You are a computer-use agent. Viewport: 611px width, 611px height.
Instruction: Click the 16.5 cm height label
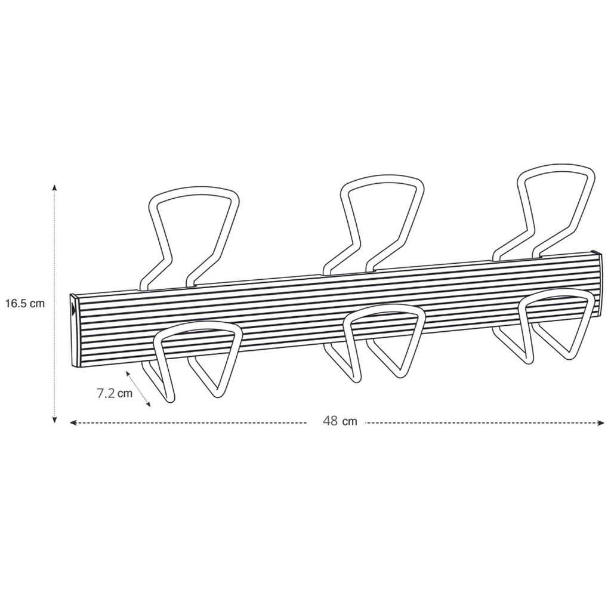(25, 303)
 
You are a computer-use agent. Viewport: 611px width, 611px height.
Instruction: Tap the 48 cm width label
(340, 421)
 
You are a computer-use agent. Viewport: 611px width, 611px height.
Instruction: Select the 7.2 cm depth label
(115, 393)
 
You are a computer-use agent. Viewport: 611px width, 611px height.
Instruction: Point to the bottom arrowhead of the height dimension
(54, 419)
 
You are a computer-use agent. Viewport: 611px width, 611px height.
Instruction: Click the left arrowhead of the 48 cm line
(73, 422)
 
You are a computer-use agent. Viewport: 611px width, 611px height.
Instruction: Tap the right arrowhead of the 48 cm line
(600, 422)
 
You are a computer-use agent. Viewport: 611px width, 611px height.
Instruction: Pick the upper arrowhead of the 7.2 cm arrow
(128, 374)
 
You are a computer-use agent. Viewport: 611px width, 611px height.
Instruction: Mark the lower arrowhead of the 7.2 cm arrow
(148, 405)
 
